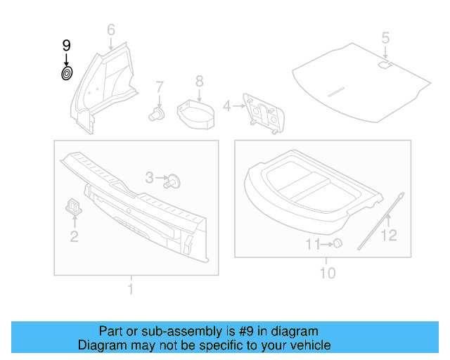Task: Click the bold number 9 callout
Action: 66,46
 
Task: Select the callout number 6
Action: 110,30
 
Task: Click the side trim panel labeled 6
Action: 102,84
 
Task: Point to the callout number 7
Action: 159,87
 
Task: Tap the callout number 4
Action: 226,106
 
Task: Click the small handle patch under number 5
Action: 385,65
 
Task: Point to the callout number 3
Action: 150,179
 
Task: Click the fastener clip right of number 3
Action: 174,181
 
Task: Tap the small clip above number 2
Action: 74,205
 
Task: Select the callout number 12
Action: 388,236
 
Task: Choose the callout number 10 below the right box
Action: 328,273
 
